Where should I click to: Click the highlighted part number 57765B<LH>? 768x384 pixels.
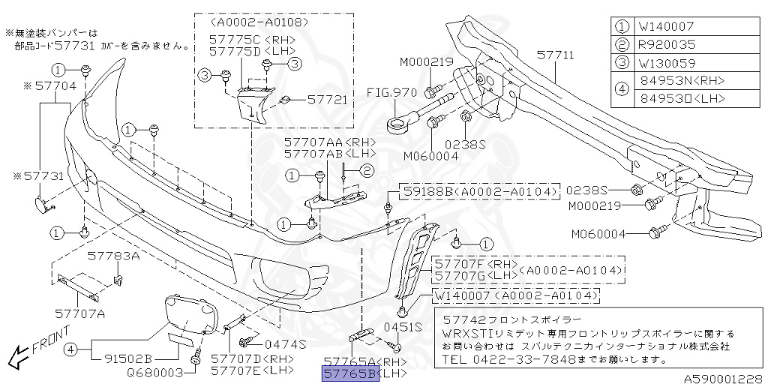point(351,373)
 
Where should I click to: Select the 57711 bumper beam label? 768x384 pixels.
point(555,55)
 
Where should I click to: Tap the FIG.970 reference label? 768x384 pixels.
point(391,93)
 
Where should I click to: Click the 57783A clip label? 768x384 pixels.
point(114,256)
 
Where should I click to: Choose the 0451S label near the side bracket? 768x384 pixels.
point(402,327)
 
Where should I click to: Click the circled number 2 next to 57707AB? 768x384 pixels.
point(367,172)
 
